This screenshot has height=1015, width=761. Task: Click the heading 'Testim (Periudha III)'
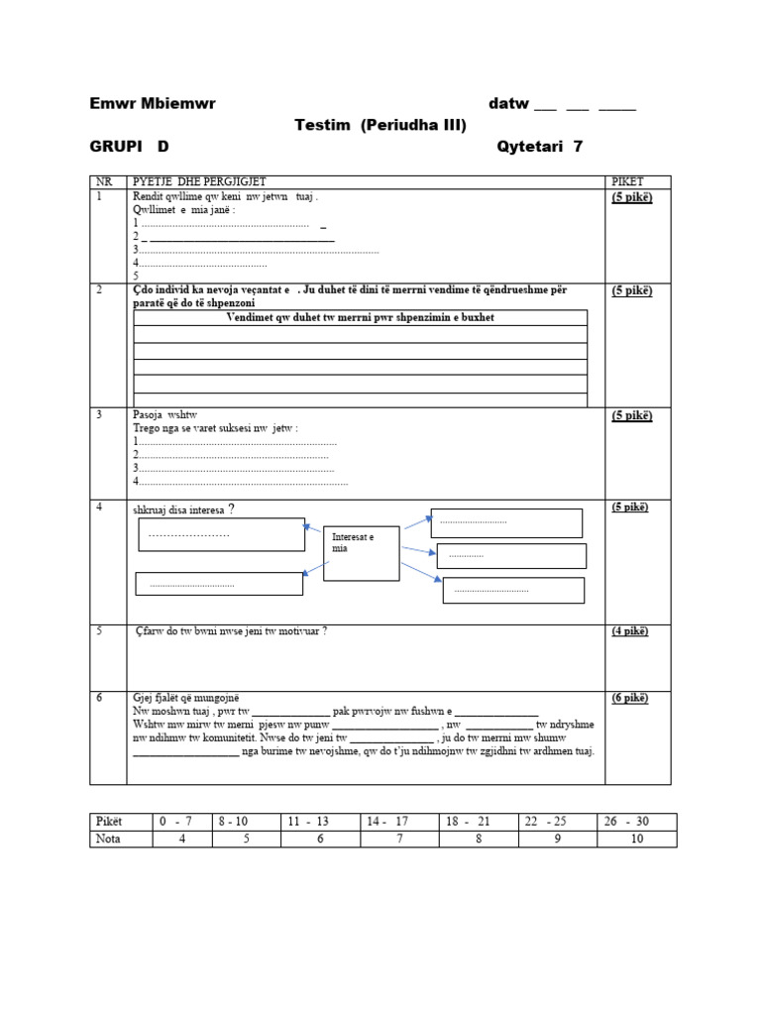click(x=380, y=125)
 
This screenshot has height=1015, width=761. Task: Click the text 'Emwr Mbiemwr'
click(x=152, y=104)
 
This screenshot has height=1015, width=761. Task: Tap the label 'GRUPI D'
click(x=129, y=147)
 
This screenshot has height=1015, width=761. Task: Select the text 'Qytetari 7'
click(x=539, y=147)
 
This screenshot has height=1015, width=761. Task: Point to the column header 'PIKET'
click(x=627, y=182)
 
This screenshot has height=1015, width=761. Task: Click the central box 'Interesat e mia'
click(x=362, y=553)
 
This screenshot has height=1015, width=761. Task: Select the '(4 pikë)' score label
click(x=631, y=631)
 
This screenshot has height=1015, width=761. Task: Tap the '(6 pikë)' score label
click(x=631, y=698)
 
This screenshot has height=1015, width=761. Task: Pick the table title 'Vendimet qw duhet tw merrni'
click(x=360, y=317)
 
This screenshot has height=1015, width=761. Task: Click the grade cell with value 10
click(x=637, y=840)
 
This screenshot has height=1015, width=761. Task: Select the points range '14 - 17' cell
click(x=387, y=822)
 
